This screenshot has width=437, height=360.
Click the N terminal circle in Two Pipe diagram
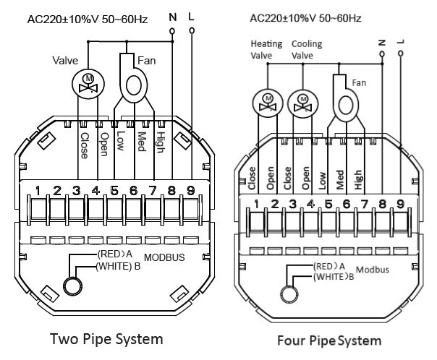[x=172, y=31]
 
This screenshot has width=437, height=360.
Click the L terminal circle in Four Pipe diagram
[x=401, y=53]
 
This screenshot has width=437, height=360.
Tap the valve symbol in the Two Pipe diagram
[x=88, y=84]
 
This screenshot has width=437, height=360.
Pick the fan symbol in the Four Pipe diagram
[x=345, y=98]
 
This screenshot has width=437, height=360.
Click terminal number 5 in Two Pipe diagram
[x=114, y=191]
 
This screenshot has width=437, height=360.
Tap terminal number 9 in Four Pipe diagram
[x=400, y=204]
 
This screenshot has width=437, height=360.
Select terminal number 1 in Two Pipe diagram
[x=38, y=191]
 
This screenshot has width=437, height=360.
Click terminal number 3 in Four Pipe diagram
[x=292, y=204]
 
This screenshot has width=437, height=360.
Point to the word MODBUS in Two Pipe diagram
[x=164, y=257]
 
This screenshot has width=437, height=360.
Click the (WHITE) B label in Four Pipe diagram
[x=334, y=277]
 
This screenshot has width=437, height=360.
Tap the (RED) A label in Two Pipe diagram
[x=114, y=254]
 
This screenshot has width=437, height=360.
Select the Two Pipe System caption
[x=106, y=339]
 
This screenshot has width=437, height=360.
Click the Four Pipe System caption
[x=329, y=340]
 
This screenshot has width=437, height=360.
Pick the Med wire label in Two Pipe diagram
[x=142, y=142]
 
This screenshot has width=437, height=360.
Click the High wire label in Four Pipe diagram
[x=358, y=179]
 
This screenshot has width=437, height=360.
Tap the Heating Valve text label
[x=266, y=50]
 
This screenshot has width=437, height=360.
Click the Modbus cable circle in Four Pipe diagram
[x=289, y=294]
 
